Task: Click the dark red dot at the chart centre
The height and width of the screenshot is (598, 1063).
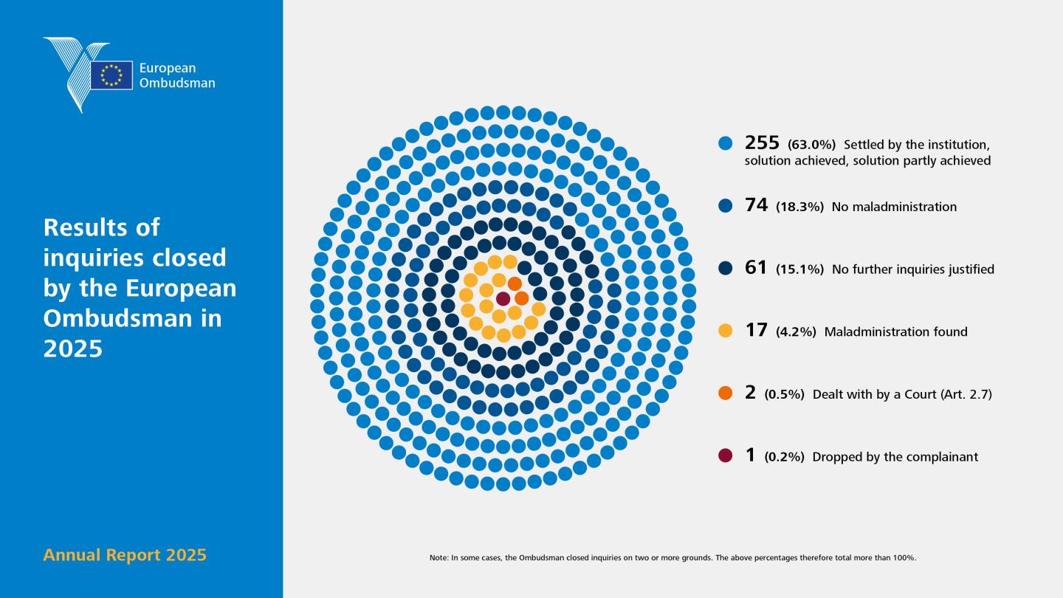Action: point(503,299)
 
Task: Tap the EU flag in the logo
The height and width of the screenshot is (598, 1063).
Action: point(111,75)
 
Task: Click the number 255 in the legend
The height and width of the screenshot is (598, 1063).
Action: point(762,142)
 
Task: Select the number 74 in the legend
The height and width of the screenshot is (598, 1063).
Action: point(756,205)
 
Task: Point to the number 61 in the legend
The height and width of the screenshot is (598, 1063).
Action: point(756,268)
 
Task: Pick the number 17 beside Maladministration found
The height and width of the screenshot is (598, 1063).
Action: point(756,330)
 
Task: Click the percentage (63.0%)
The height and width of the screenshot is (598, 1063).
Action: point(811,144)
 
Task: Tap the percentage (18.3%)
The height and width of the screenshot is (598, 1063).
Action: point(799,207)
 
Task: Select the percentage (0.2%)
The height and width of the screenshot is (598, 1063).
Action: point(785,457)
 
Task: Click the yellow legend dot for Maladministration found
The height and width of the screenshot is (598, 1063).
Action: point(725,330)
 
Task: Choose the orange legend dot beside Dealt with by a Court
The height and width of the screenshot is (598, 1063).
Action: point(725,393)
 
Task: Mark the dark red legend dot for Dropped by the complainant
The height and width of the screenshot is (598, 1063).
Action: point(725,456)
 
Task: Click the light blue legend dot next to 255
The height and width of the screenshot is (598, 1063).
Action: point(725,143)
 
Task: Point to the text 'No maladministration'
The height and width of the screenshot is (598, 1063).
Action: point(894,207)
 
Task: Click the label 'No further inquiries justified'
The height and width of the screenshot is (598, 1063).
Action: point(913,269)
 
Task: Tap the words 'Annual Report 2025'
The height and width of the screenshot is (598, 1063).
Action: point(125,555)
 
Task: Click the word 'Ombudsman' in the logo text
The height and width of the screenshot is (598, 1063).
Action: point(177,83)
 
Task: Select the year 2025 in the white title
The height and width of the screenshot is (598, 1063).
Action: point(73,348)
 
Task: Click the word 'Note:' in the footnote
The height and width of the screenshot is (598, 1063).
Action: point(439,557)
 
